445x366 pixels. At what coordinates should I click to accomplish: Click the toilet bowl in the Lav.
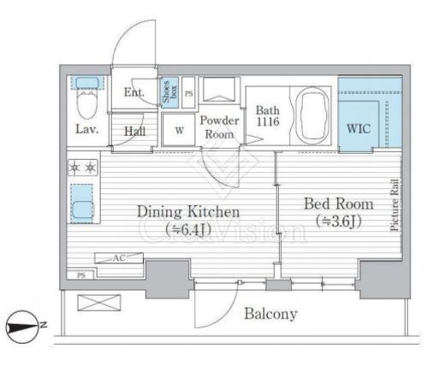pyautogui.click(x=87, y=105)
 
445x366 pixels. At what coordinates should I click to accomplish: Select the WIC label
pyautogui.click(x=359, y=129)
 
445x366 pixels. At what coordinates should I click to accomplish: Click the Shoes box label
pyautogui.click(x=169, y=91)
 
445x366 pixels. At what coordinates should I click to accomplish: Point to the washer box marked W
pyautogui.click(x=179, y=130)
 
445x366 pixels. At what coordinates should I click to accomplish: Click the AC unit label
pyautogui.click(x=119, y=258)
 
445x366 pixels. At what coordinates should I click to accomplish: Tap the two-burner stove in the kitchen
pyautogui.click(x=83, y=168)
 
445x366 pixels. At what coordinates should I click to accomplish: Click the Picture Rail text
pyautogui.click(x=395, y=205)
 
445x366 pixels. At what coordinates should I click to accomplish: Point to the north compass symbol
pyautogui.click(x=22, y=327)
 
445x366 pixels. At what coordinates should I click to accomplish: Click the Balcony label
pyautogui.click(x=270, y=314)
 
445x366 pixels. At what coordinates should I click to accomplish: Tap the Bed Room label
pyautogui.click(x=339, y=204)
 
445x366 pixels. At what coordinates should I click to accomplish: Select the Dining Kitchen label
pyautogui.click(x=188, y=212)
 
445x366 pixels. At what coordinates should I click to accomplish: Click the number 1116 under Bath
pyautogui.click(x=268, y=122)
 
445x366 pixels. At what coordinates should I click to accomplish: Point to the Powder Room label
pyautogui.click(x=219, y=127)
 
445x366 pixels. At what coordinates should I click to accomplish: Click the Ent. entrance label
pyautogui.click(x=134, y=92)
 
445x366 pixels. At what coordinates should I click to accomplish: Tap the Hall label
pyautogui.click(x=135, y=131)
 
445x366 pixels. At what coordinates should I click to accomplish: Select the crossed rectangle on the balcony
pyautogui.click(x=99, y=303)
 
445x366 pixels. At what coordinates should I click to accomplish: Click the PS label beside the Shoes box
pyautogui.click(x=189, y=94)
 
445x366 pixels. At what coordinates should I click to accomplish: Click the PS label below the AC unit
pyautogui.click(x=81, y=275)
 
